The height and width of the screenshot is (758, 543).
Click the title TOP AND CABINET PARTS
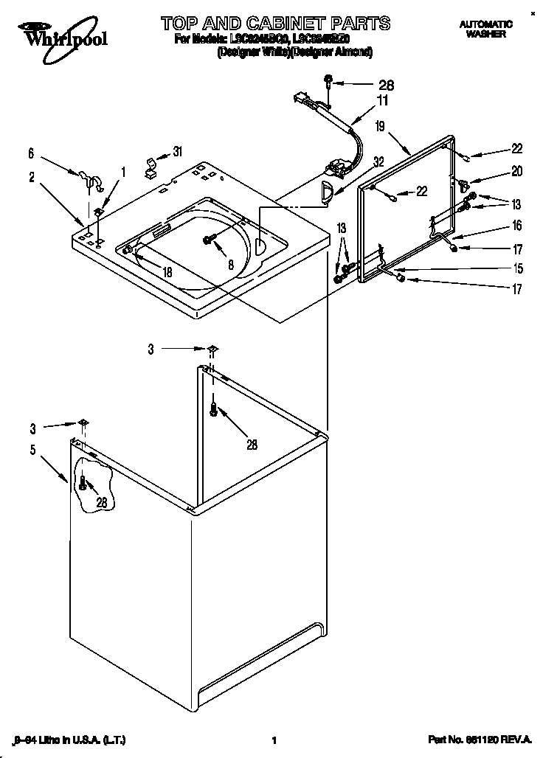275,23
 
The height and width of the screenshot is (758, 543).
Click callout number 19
380,127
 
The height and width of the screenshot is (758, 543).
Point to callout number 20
516,171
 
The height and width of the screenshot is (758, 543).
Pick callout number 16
517,226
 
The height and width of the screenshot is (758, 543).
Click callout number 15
517,268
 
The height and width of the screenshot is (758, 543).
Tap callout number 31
178,152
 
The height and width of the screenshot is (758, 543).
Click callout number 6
31,153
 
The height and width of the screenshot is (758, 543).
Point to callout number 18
167,272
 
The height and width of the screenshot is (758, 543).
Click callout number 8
231,265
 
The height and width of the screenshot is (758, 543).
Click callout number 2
32,176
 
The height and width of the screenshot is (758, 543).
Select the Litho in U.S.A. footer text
53,739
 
